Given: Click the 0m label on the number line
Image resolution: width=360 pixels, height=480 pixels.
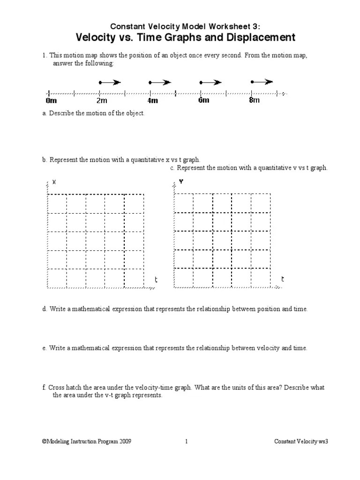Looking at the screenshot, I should click(51, 101).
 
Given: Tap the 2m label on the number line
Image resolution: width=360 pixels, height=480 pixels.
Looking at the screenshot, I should click(102, 101).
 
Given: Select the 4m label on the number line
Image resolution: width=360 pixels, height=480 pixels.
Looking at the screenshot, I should click(153, 101).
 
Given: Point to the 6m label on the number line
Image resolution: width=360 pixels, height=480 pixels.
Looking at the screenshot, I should click(203, 100).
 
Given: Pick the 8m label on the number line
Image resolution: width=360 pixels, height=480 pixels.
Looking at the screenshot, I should click(254, 100).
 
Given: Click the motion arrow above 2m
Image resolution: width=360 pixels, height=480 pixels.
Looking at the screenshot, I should click(110, 82).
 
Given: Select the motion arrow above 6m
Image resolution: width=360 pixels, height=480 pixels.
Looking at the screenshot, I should click(210, 82).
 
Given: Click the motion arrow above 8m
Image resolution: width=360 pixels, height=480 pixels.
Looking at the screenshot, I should click(262, 82).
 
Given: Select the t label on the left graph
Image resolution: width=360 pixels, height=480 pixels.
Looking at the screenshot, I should click(156, 280).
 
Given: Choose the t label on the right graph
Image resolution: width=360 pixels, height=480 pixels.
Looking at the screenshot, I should click(282, 279).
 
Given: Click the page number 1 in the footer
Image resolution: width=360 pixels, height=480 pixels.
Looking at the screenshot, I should click(186, 441).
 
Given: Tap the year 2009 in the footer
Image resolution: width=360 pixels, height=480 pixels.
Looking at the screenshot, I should click(131, 441).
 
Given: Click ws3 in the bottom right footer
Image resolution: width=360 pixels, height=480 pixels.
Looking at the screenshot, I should click(321, 441).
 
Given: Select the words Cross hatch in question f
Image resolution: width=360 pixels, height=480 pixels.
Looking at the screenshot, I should click(64, 388).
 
